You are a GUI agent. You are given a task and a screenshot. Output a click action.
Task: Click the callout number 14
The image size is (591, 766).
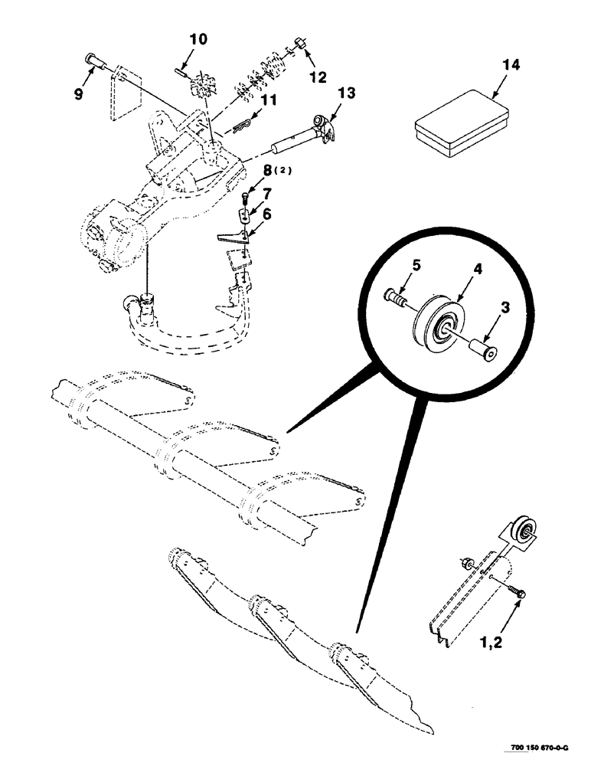(x=511, y=65)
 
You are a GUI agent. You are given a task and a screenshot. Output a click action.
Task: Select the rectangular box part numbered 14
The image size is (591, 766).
(x=461, y=123)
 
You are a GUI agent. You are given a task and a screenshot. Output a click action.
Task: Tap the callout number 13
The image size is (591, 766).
(x=347, y=93)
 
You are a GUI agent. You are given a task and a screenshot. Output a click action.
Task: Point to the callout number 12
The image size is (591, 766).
(x=316, y=77)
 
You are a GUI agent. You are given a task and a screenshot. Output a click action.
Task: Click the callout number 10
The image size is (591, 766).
(x=197, y=40)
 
